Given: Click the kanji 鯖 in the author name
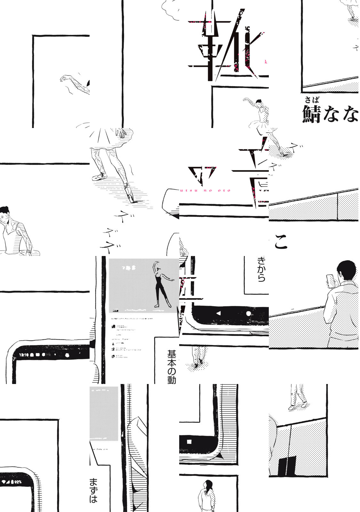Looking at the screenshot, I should pyautogui.click(x=311, y=114).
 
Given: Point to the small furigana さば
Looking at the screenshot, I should pyautogui.click(x=312, y=100).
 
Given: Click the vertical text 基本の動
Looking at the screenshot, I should pyautogui.click(x=172, y=366).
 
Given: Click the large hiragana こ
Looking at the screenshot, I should pyautogui.click(x=281, y=243).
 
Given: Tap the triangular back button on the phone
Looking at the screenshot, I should pyautogui.click(x=219, y=313).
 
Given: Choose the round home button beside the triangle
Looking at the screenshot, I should pyautogui.click(x=248, y=313).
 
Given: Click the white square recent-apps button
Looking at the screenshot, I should pyautogui.click(x=189, y=442).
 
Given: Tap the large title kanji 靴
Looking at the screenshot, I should pyautogui.click(x=224, y=45).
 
